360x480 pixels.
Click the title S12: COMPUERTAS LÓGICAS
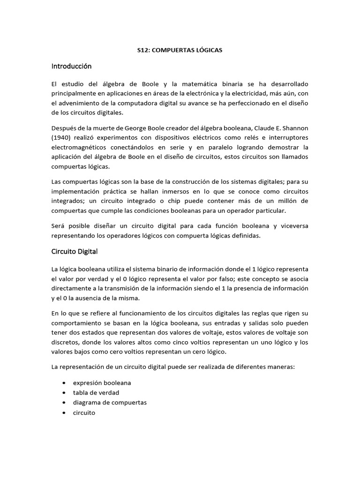pos(180,50)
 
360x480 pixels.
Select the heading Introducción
pos(71,66)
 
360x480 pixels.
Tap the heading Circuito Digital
pos(74,251)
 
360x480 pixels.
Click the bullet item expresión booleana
pos(102,382)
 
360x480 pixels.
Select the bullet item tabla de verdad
pos(96,392)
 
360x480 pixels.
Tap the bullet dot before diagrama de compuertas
pos(64,403)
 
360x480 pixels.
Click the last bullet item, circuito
pos(84,413)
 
